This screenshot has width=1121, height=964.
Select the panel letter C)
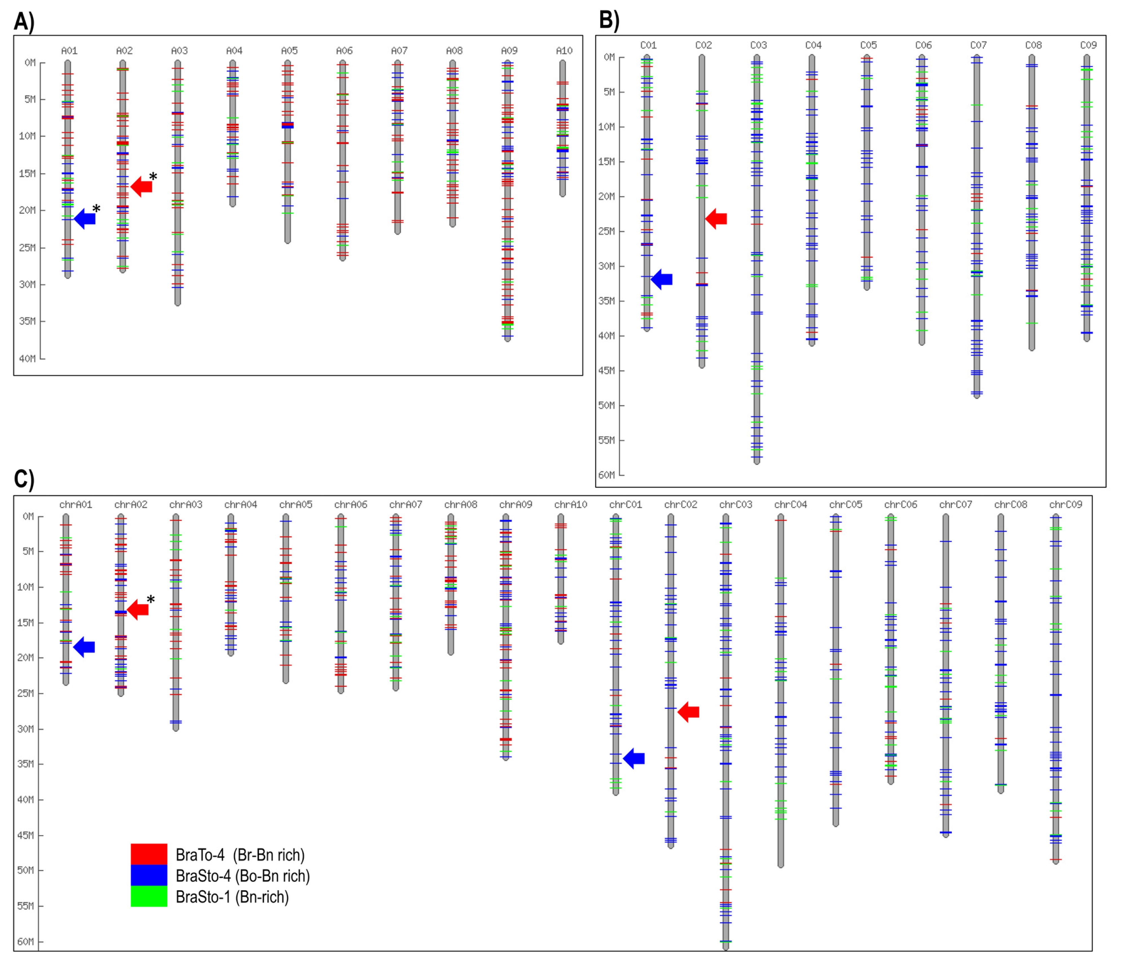tap(24, 479)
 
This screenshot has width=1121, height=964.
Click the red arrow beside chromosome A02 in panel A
tap(142, 186)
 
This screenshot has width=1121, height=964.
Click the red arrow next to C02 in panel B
tap(716, 219)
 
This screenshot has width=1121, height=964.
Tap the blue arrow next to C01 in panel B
tap(662, 279)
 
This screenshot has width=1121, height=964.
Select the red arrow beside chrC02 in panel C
tap(688, 712)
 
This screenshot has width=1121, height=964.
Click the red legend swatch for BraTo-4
tap(149, 854)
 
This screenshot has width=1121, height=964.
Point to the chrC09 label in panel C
tap(1066, 504)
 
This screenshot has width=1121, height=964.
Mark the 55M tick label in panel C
tap(25, 906)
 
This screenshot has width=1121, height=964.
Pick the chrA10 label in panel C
tap(571, 504)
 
